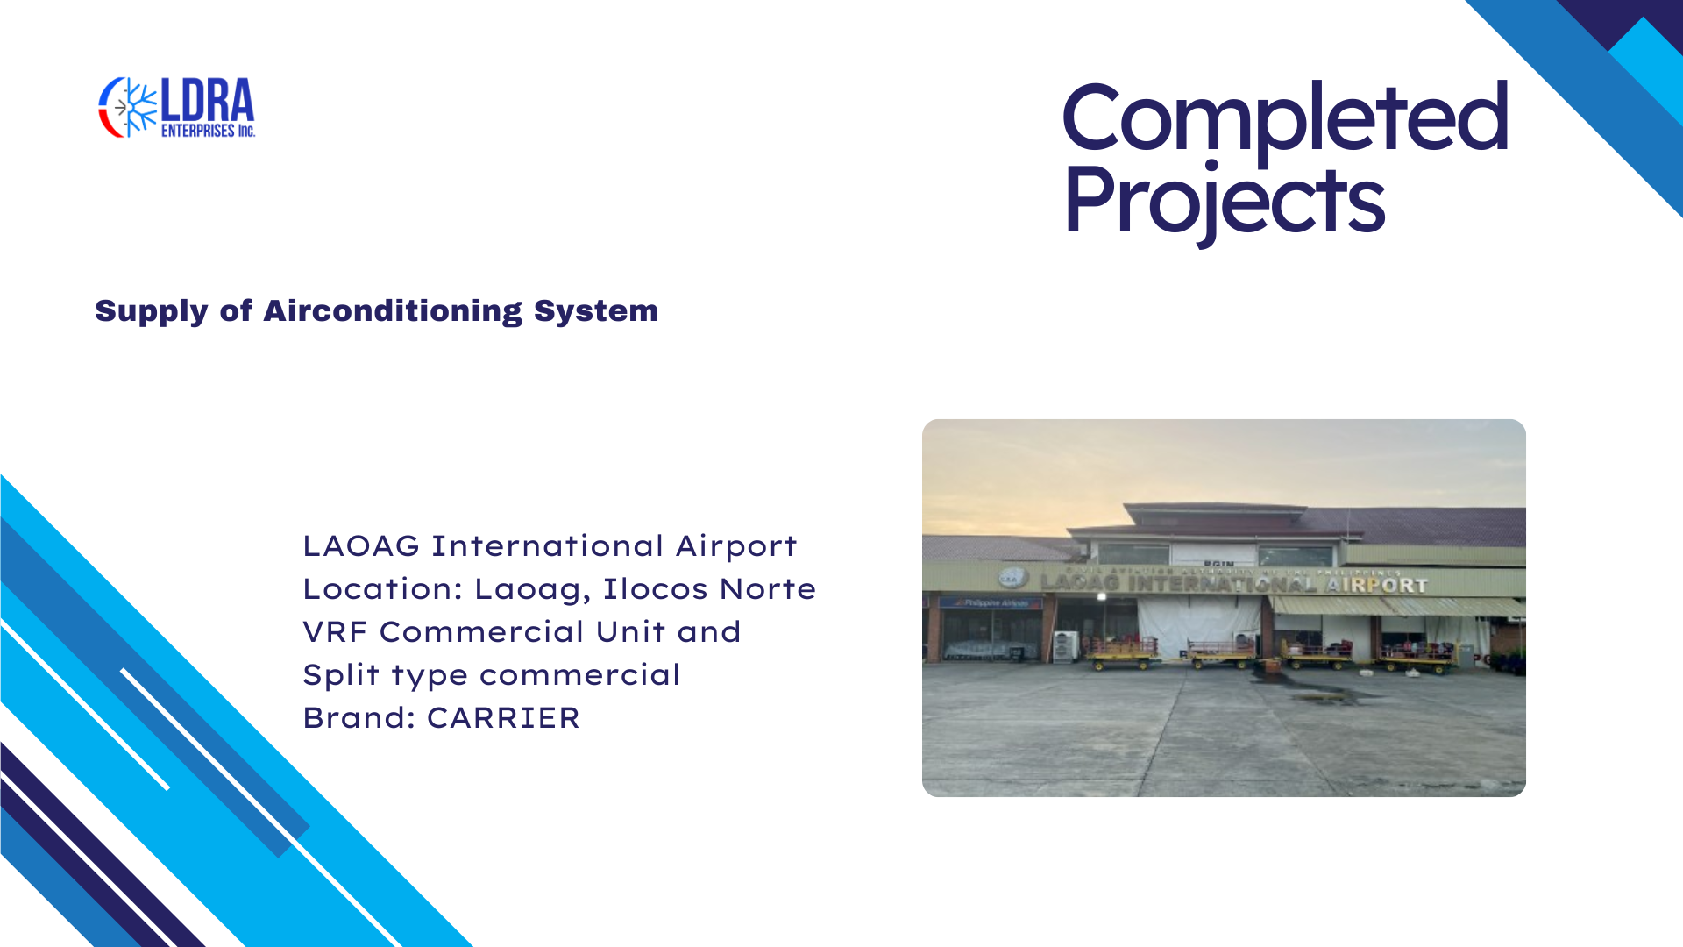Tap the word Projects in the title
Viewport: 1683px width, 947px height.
pyautogui.click(x=1225, y=202)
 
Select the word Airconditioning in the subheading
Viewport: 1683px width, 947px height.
pyautogui.click(x=393, y=310)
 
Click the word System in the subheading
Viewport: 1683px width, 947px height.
pyautogui.click(x=596, y=311)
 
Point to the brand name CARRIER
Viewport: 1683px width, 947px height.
pyautogui.click(x=503, y=718)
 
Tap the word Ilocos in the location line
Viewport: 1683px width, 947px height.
pyautogui.click(x=655, y=589)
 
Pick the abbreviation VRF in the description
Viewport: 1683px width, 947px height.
pyautogui.click(x=335, y=632)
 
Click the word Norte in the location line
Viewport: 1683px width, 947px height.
pyautogui.click(x=768, y=589)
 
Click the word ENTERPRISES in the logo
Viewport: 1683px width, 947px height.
pyautogui.click(x=198, y=131)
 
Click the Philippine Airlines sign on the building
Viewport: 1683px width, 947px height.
pyautogui.click(x=991, y=603)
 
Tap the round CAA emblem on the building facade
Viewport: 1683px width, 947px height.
pyautogui.click(x=1013, y=578)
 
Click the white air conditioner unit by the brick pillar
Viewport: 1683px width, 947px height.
pyautogui.click(x=1066, y=645)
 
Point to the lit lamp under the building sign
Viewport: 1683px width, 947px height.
pyautogui.click(x=1102, y=596)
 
